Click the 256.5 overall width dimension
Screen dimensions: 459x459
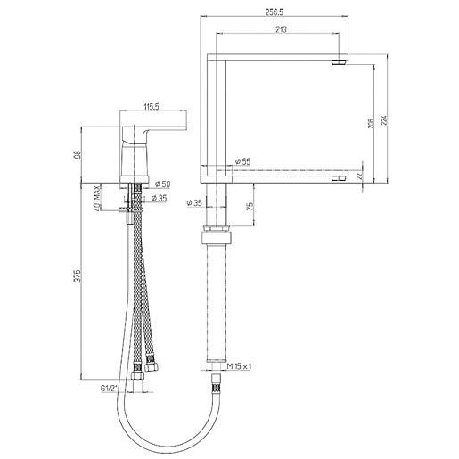pos(275,12)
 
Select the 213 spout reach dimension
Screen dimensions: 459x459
pos(281,29)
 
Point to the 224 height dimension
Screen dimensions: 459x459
pos(384,119)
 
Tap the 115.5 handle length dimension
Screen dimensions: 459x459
pos(152,106)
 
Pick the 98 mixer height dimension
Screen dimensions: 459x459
pos(78,154)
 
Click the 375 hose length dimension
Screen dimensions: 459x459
pos(78,275)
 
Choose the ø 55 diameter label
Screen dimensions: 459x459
pos(242,161)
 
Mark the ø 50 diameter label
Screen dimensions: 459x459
pos(162,184)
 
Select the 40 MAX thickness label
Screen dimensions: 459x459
pos(97,198)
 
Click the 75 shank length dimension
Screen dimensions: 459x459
pos(250,206)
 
